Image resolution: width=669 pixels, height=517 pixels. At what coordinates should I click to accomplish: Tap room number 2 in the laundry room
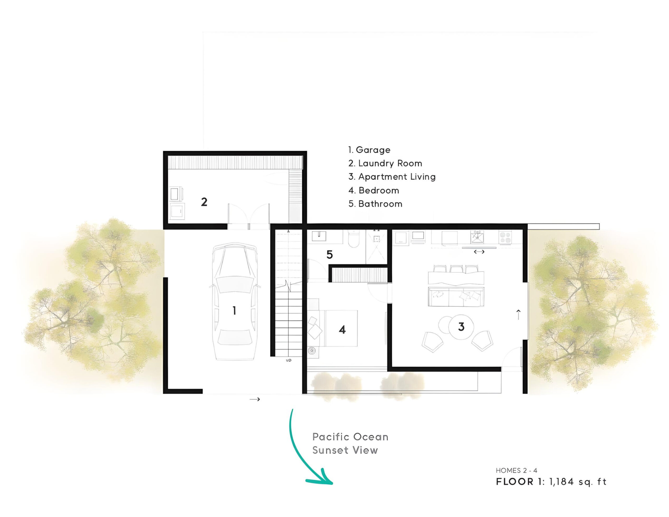[x=204, y=202]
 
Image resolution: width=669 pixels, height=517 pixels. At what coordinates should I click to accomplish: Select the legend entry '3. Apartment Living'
[x=392, y=177]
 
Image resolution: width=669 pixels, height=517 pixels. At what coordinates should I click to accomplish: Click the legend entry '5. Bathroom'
[x=375, y=204]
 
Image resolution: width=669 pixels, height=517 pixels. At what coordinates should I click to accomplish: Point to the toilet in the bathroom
[x=354, y=240]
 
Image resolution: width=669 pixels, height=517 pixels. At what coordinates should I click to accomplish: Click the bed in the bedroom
[x=341, y=328]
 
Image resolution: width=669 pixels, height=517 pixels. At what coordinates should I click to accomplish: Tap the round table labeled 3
[x=461, y=327]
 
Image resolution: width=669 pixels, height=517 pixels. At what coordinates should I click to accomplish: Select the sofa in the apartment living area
[x=456, y=297]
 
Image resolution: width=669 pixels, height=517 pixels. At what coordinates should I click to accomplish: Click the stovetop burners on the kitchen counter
[x=505, y=238]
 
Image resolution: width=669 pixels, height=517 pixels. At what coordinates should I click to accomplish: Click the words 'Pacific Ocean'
[x=350, y=437]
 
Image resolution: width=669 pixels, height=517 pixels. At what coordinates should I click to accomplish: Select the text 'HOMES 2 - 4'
[x=516, y=470]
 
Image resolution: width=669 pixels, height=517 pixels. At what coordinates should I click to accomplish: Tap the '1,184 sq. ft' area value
[x=578, y=482]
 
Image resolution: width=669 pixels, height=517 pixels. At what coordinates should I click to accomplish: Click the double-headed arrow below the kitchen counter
[x=479, y=252]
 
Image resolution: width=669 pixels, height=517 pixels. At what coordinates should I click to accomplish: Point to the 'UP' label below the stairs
[x=289, y=360]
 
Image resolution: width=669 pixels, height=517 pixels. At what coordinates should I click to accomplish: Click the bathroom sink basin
[x=319, y=236]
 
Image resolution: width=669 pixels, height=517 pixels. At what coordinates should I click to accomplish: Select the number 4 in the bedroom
[x=342, y=330]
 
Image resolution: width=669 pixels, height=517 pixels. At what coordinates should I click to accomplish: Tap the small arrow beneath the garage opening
[x=255, y=399]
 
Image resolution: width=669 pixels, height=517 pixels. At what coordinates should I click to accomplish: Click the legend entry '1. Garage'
[x=369, y=150]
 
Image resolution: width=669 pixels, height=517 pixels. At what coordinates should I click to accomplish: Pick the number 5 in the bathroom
[x=330, y=255]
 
